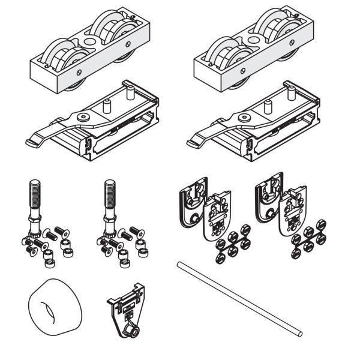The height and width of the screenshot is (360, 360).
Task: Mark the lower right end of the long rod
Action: click(298, 332)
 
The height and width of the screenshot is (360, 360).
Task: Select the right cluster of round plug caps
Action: click(309, 241)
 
